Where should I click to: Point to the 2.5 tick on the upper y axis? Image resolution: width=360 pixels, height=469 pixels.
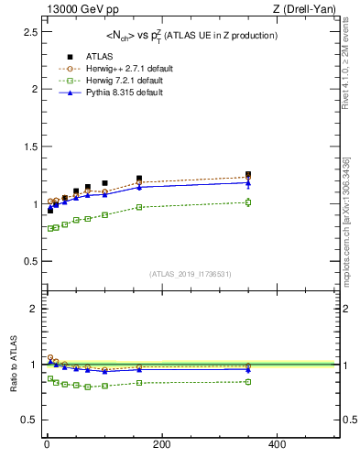25,32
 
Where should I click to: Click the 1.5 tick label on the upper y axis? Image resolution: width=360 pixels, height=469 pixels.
25,147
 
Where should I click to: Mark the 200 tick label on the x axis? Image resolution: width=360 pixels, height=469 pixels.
161,444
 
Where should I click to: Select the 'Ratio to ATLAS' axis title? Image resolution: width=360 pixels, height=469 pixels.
12,365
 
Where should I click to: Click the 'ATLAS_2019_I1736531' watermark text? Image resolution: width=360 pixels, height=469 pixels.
191,274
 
